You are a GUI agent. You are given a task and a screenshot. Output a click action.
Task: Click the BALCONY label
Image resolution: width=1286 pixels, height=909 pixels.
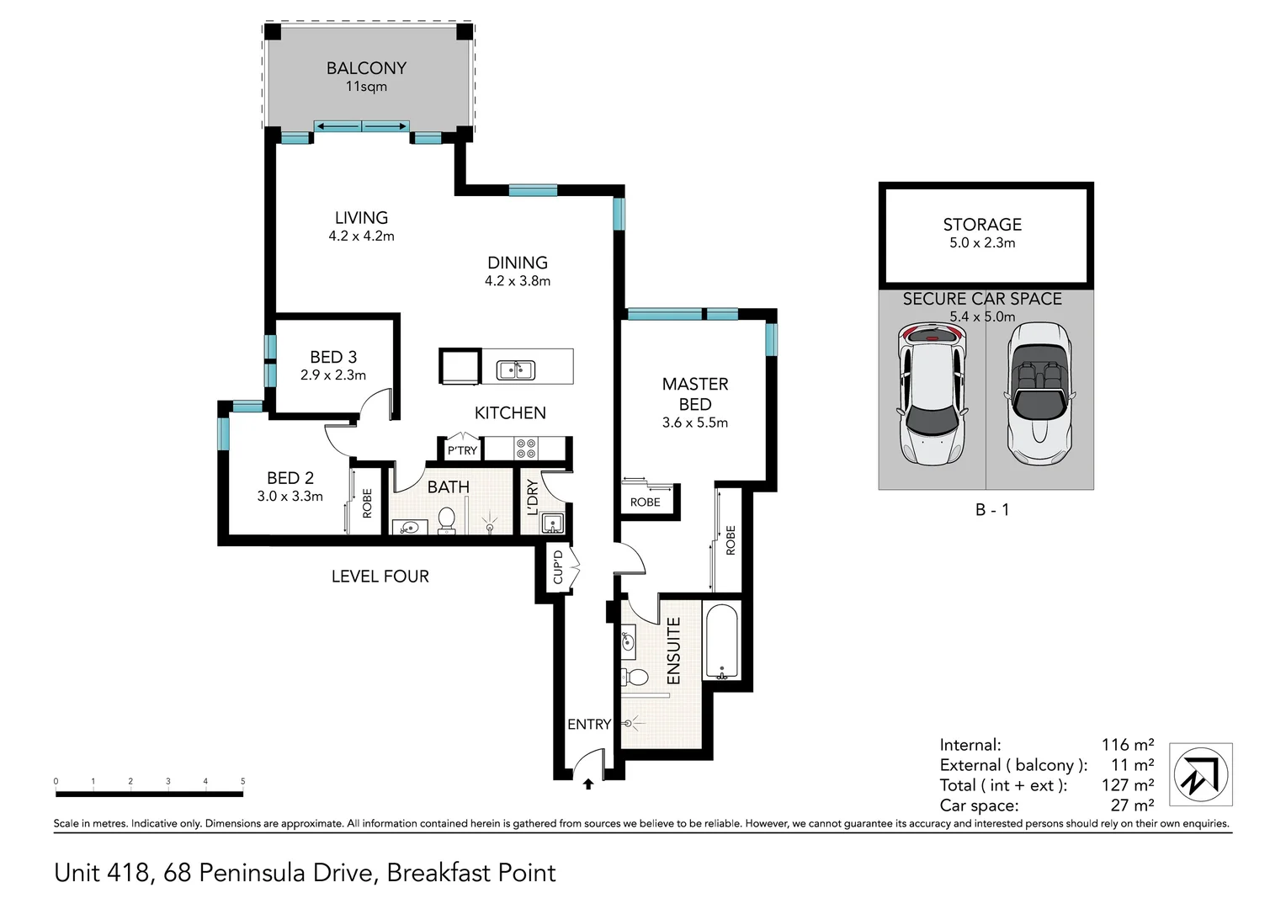[366, 68]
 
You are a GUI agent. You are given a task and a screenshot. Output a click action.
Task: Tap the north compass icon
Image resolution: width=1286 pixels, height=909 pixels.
[1202, 774]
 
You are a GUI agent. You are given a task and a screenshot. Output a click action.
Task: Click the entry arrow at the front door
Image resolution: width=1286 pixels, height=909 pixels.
[587, 784]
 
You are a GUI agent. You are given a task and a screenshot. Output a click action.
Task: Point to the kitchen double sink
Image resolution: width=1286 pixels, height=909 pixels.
[515, 369]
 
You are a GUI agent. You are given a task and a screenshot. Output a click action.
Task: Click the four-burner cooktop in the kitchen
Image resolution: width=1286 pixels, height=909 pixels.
[527, 447]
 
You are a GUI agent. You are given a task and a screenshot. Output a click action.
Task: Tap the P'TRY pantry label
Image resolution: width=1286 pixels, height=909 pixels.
[462, 451]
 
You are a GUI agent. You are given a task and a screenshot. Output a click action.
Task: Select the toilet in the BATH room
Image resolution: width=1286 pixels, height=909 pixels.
[446, 521]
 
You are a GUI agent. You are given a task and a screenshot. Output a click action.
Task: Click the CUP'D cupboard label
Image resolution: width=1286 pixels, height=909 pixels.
[558, 567]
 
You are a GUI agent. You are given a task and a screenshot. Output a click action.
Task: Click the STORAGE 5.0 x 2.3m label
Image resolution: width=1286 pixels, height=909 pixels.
[982, 233]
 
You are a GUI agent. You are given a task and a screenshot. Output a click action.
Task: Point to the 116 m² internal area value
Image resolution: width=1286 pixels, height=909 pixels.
[1127, 745]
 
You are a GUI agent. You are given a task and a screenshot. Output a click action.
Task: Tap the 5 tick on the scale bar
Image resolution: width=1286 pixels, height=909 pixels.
[242, 782]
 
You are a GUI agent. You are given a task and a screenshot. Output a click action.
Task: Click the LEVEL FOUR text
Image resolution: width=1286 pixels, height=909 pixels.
[380, 577]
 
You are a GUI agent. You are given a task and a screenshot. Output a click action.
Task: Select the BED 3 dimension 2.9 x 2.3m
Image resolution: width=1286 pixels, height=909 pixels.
[333, 375]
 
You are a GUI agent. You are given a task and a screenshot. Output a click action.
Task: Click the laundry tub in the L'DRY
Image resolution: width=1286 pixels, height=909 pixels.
[552, 524]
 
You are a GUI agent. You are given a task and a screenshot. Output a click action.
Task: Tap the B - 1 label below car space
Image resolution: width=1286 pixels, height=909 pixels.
[991, 509]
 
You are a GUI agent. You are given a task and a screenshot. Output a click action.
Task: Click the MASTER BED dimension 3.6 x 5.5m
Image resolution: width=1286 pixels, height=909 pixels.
[694, 423]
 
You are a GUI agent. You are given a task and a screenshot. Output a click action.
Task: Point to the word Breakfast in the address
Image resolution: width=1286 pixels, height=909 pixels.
[438, 873]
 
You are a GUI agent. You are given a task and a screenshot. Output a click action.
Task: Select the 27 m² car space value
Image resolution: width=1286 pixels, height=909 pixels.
[1131, 805]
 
